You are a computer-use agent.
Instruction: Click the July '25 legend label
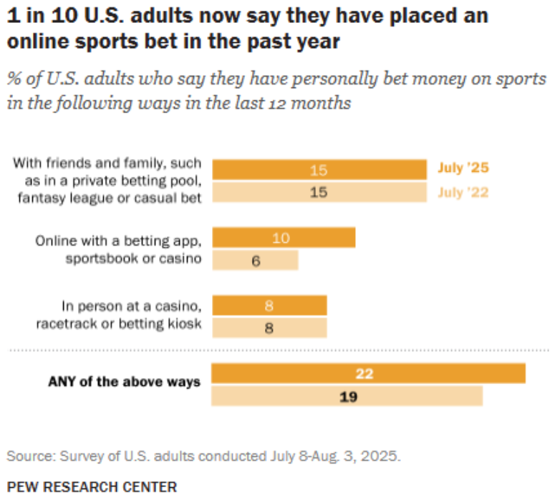pyautogui.click(x=463, y=170)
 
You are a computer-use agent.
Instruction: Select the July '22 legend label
pyautogui.click(x=463, y=192)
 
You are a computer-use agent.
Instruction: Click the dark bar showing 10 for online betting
pyautogui.click(x=284, y=238)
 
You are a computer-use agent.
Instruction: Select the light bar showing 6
pyautogui.click(x=255, y=260)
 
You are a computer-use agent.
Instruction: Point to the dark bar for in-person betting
pyautogui.click(x=269, y=306)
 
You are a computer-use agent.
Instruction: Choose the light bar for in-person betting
pyautogui.click(x=269, y=328)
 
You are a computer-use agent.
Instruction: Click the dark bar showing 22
pyautogui.click(x=369, y=373)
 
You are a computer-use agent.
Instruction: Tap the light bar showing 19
pyautogui.click(x=347, y=396)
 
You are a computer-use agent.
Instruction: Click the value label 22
pyautogui.click(x=365, y=374)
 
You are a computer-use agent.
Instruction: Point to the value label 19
pyautogui.click(x=347, y=396)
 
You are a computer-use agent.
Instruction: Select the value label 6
pyautogui.click(x=255, y=261)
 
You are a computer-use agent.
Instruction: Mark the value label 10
pyautogui.click(x=281, y=238)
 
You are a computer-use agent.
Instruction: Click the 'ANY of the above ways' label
pyautogui.click(x=124, y=382)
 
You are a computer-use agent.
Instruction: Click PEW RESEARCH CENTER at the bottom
pyautogui.click(x=92, y=487)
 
